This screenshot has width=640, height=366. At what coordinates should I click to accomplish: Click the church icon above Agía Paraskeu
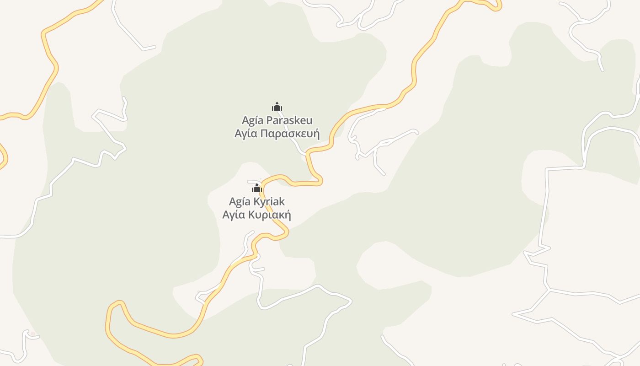[277, 107]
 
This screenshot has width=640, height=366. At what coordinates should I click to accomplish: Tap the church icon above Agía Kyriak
[257, 188]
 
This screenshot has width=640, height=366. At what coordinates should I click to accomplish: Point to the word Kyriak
[270, 202]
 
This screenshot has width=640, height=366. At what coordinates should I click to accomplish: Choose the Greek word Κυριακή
[270, 215]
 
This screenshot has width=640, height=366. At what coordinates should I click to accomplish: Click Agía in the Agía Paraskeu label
[252, 121]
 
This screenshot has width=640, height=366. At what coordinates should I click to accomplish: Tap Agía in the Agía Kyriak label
[240, 202]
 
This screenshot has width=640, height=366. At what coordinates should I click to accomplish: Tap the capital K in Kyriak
[257, 202]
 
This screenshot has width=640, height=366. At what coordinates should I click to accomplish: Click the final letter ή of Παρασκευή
[316, 135]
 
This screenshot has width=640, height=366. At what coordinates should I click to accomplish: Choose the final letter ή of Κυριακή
[288, 215]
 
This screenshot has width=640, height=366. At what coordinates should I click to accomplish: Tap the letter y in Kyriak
[263, 203]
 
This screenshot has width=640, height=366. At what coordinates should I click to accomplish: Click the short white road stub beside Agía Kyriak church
[253, 181]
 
